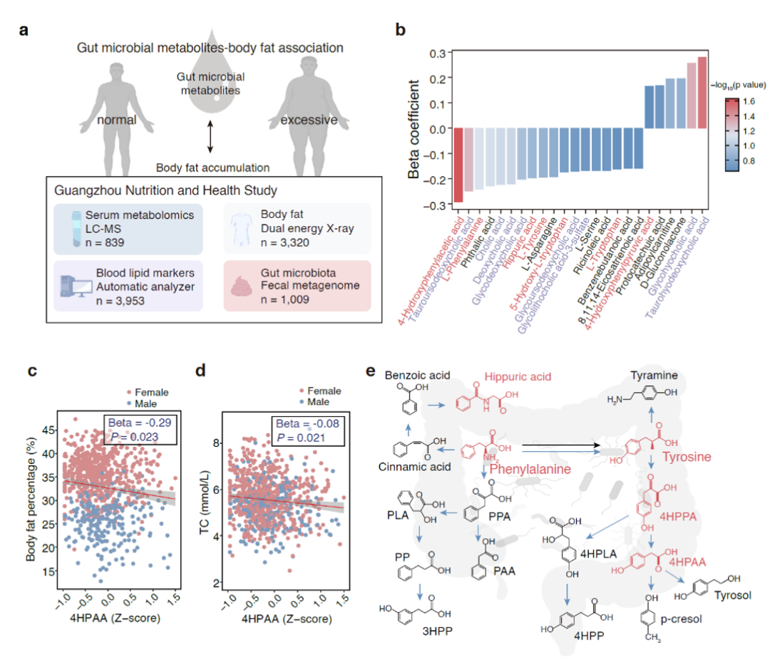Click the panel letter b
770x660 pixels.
point(401,31)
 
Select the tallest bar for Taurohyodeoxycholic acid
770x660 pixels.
point(702,93)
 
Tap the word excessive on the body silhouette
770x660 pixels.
point(309,120)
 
